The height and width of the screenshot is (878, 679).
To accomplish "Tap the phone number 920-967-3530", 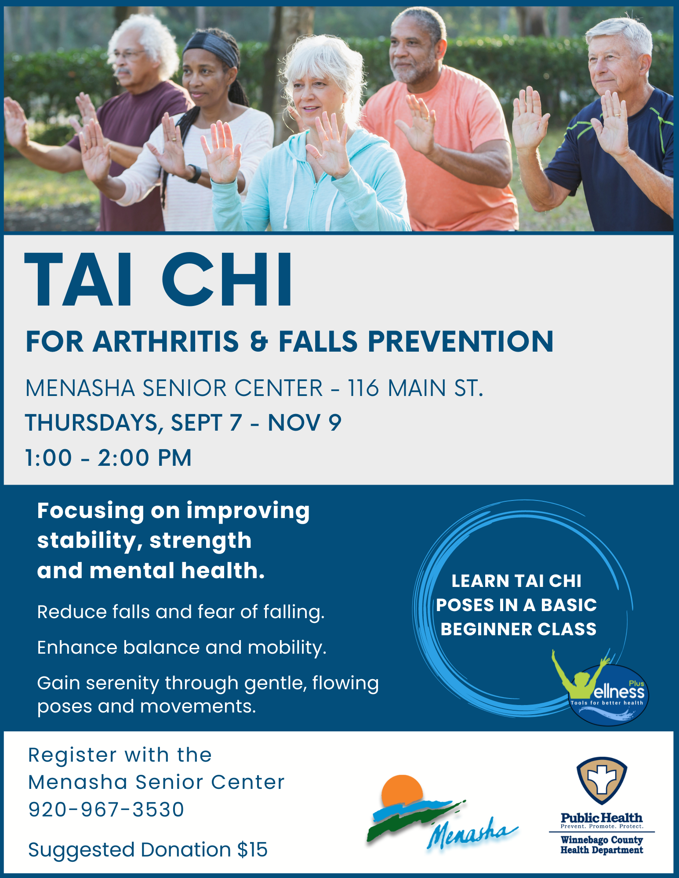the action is coord(106,810).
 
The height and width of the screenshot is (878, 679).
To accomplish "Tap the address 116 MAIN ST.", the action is coord(415,388).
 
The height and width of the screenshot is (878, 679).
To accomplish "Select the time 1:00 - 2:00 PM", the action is coord(108,457).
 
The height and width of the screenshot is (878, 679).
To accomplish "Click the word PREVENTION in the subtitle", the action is coord(461,341).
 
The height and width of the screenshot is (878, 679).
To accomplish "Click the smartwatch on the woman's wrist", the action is coord(194,173).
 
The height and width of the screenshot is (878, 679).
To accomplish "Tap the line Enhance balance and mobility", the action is coord(182,648).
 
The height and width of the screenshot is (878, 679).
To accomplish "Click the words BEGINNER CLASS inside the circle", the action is coord(519,629).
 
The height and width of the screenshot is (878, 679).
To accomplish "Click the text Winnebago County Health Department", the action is coord(602,845).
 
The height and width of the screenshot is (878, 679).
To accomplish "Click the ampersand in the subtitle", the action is coord(259,342).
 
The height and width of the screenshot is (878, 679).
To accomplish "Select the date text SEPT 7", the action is coord(207,422).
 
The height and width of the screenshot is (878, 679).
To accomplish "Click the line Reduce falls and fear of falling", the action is coord(181,612).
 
